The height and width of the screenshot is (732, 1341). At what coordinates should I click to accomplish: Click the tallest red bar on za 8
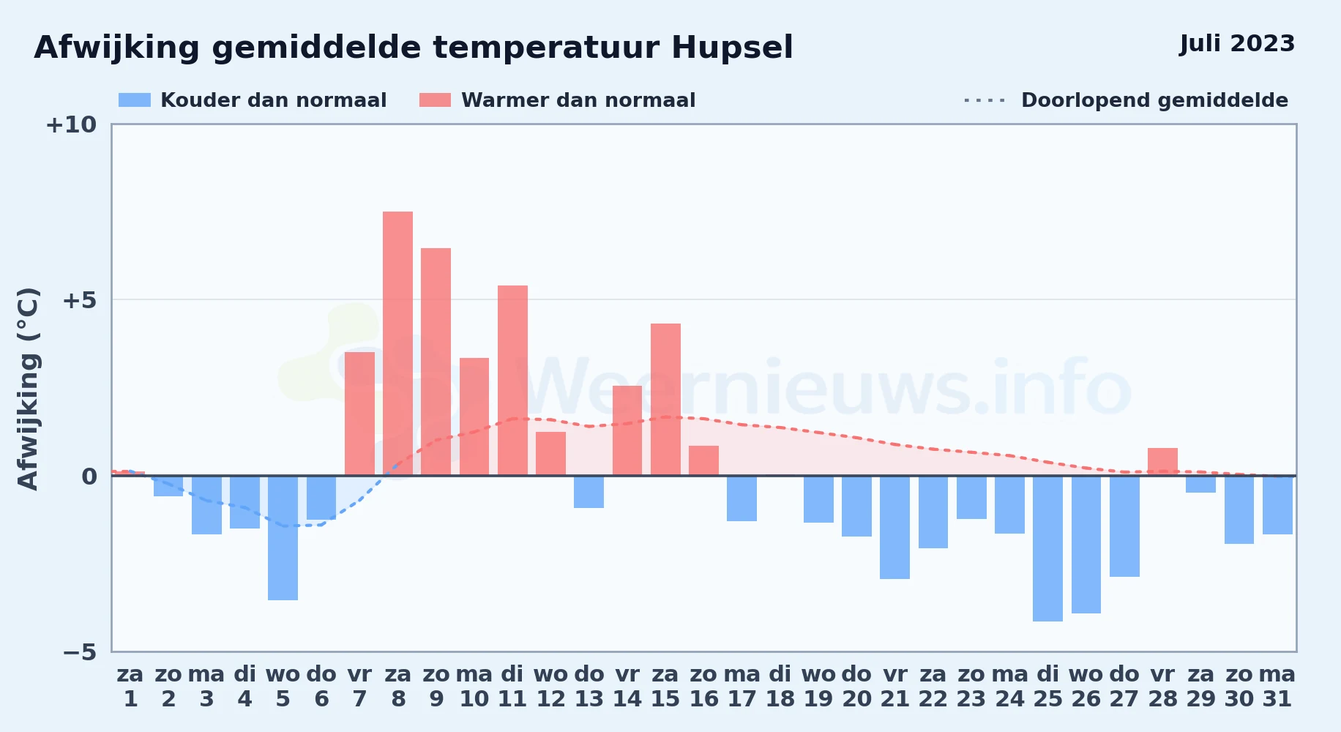pos(397,343)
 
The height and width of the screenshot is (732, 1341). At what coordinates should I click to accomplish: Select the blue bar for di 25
pos(1047,548)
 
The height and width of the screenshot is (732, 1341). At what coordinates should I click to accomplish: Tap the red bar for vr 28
pos(1162,462)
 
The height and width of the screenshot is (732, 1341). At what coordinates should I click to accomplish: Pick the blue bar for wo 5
pos(283,538)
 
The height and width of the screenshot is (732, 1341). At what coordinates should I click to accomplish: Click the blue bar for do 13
pos(589,492)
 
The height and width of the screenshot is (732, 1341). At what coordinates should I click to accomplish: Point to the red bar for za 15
pos(665,400)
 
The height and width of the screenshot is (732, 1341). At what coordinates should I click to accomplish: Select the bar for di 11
pos(512,381)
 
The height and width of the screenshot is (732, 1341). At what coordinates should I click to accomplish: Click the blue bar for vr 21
pos(894,527)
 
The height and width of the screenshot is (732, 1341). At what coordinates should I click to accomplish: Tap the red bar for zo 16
pos(703,460)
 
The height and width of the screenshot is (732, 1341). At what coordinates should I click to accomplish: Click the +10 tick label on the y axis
pos(71,124)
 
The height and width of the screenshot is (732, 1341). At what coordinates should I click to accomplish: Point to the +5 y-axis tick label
pos(80,300)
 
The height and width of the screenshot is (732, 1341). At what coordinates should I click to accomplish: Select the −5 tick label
pos(80,651)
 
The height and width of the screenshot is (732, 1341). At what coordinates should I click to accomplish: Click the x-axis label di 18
pos(780,687)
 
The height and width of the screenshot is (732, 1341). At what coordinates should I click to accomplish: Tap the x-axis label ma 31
pos(1277,687)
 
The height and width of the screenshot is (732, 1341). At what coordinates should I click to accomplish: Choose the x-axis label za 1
pos(130,687)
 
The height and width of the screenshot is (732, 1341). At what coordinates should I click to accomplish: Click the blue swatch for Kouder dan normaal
pos(135,100)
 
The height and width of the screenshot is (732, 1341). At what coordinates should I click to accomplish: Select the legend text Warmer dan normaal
pos(578,100)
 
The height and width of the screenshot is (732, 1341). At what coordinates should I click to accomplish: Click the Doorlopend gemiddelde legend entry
pos(1127,100)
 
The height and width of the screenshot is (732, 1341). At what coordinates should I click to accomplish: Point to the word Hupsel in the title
pos(732,48)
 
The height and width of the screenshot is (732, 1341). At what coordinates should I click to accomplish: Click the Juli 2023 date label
pos(1237,44)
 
